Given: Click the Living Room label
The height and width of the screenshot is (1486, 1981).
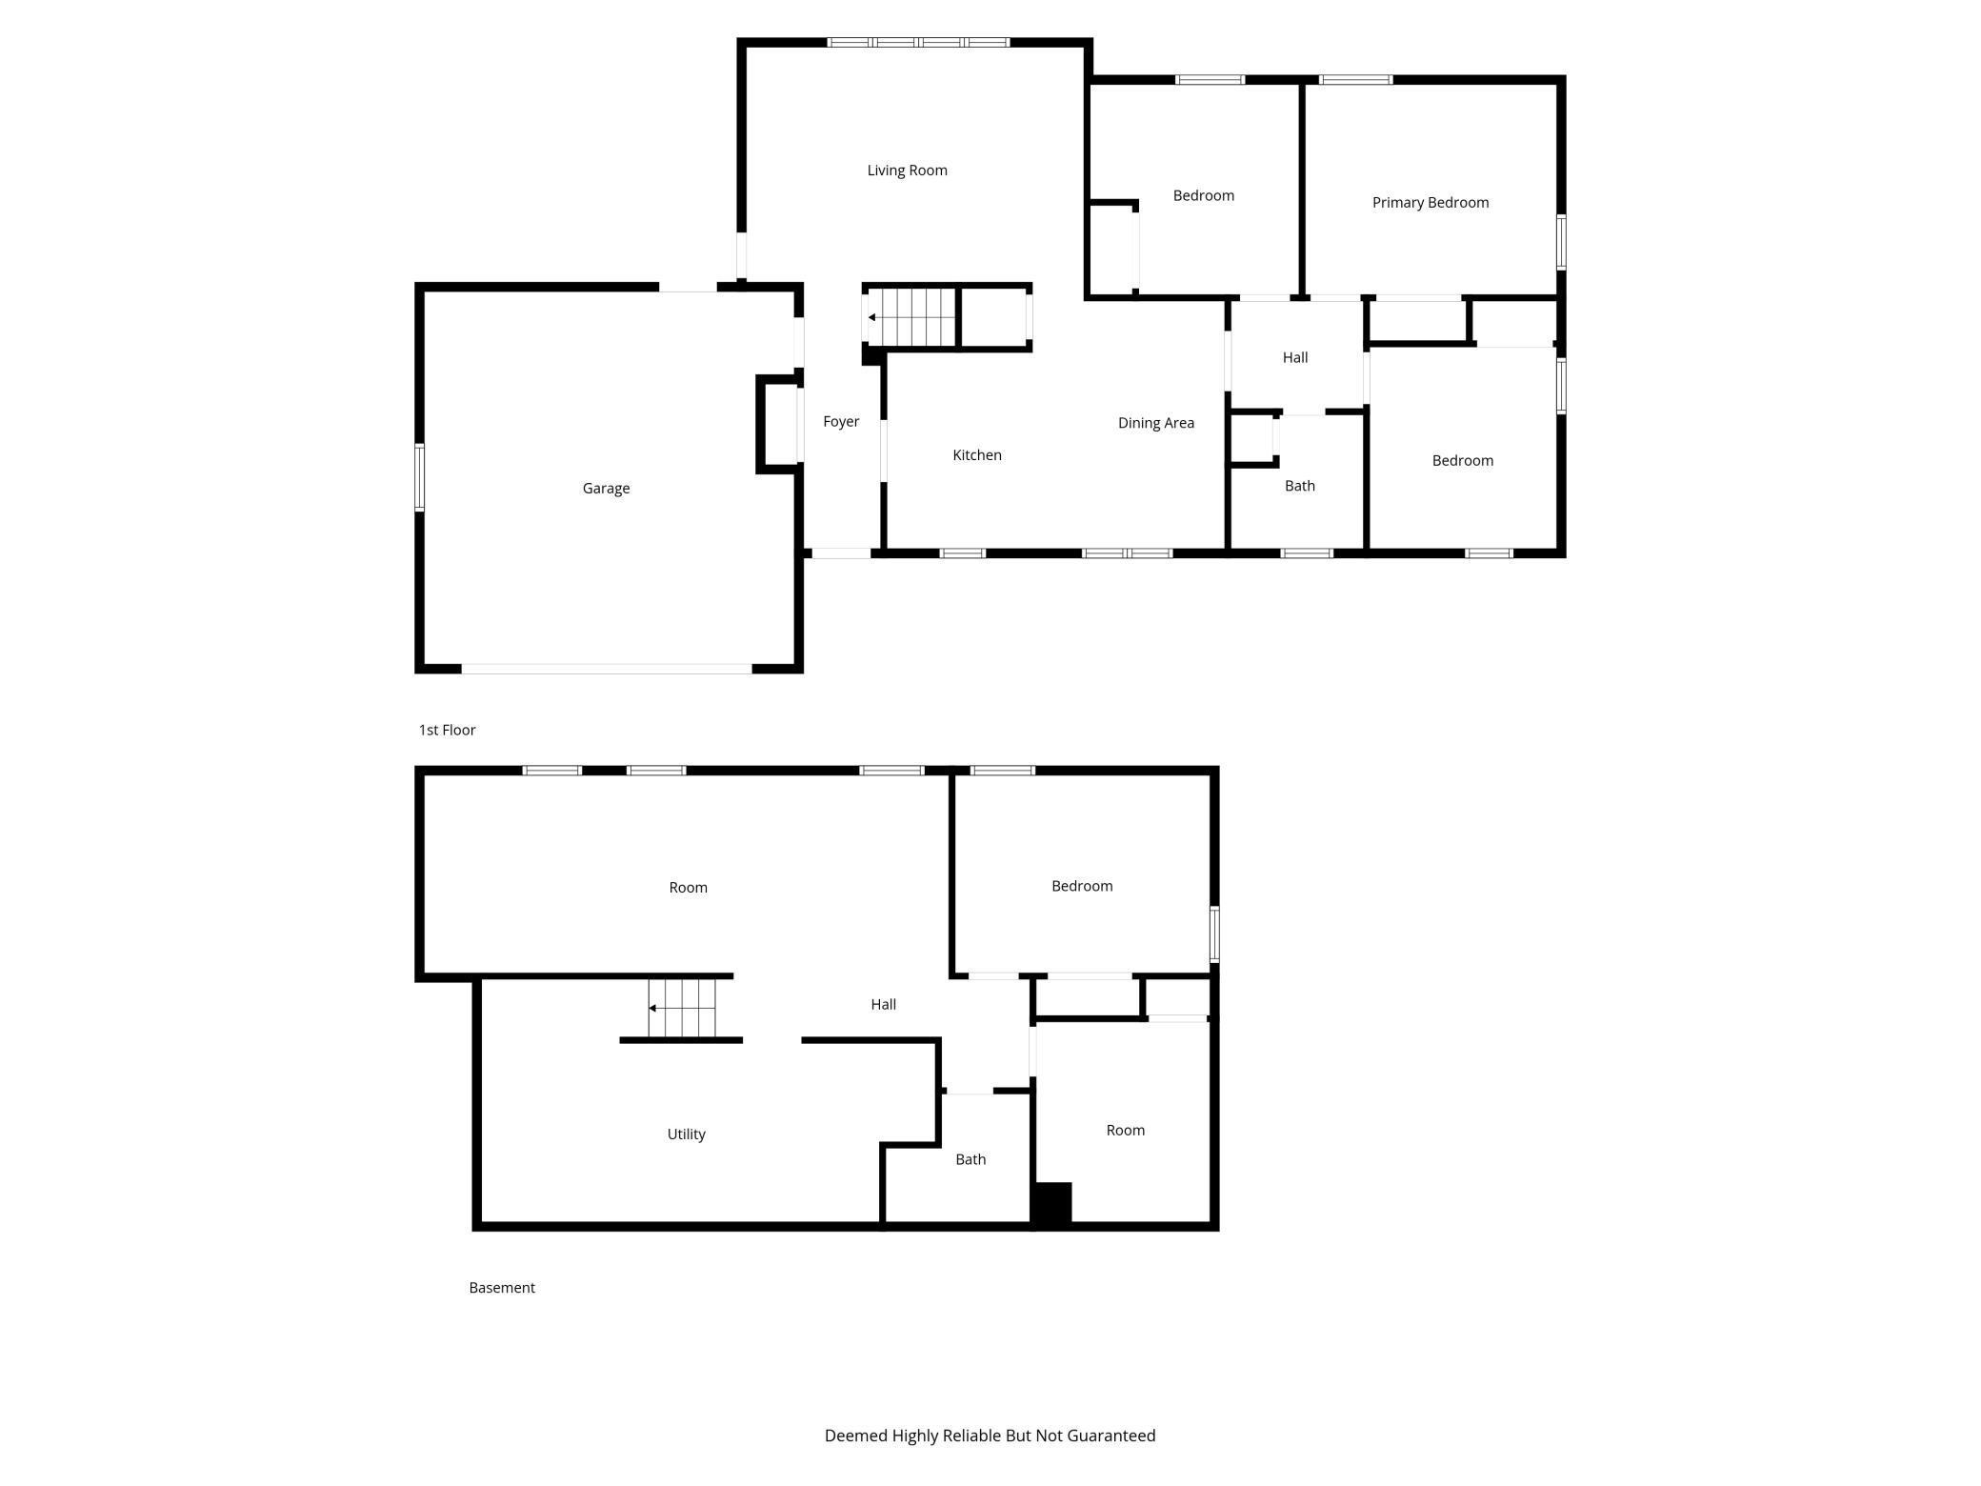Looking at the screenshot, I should [x=907, y=171].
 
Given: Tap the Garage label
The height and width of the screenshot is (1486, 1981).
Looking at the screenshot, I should [x=606, y=489].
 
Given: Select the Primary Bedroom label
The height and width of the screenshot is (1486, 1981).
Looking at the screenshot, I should [x=1430, y=202].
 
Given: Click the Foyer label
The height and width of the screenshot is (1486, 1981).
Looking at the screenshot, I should [x=841, y=421].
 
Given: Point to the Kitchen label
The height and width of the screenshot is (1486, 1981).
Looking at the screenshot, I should [x=977, y=455].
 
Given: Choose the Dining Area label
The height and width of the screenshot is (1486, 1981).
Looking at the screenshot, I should [x=1155, y=423].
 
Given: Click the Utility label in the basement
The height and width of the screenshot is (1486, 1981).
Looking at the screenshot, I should [x=686, y=1135].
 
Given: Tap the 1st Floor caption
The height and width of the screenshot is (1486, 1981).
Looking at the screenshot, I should [x=447, y=730].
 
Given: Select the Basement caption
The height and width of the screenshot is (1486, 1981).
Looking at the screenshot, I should [x=502, y=1288].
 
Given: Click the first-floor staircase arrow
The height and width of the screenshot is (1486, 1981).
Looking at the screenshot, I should [x=872, y=317].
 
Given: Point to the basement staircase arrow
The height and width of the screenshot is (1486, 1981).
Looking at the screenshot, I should [x=652, y=1008].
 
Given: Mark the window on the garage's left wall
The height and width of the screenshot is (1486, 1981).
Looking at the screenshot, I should [x=419, y=478].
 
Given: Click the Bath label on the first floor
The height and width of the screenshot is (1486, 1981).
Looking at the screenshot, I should [x=1299, y=486].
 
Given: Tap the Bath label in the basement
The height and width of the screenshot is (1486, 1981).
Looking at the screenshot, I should [x=970, y=1159].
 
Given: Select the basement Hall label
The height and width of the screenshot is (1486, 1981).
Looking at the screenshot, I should [x=883, y=1004].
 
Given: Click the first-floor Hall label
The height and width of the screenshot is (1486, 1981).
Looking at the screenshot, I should [x=1294, y=358].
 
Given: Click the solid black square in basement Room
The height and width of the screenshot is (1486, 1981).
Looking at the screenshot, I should [x=1052, y=1202].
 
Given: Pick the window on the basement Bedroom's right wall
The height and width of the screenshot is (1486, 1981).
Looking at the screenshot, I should [x=1214, y=934].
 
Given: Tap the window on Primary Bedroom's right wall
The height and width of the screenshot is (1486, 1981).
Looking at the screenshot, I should [x=1561, y=242].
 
